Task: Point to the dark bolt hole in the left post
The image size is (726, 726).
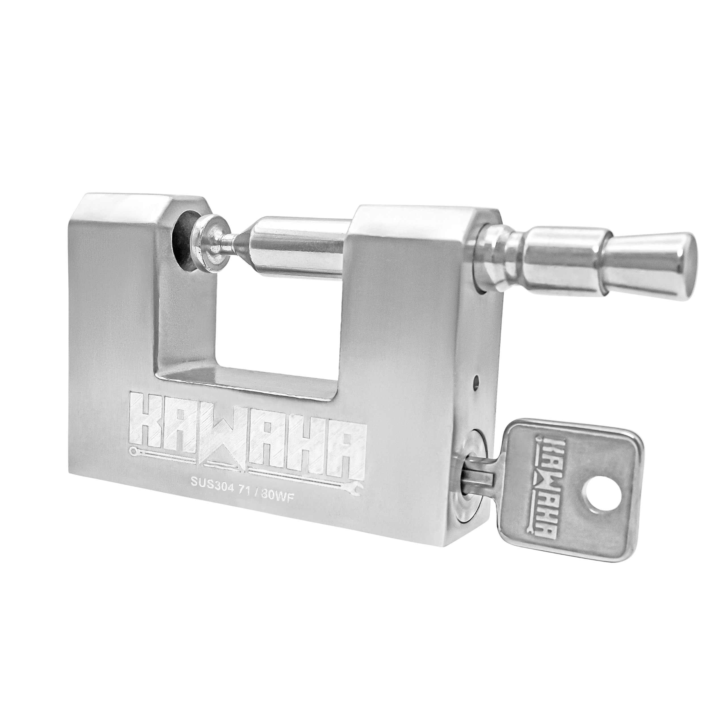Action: pos(181,240)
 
